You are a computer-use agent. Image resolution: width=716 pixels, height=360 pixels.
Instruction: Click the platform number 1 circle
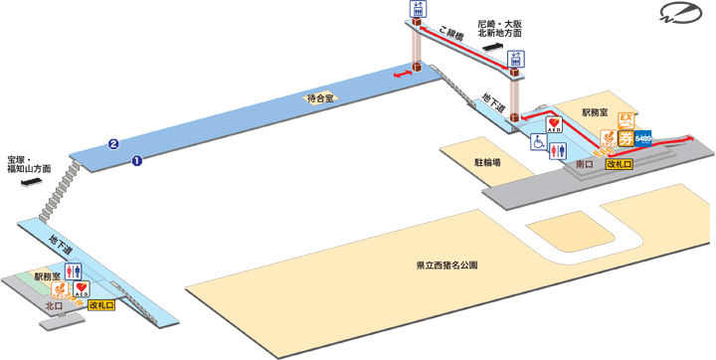click(x=137, y=158)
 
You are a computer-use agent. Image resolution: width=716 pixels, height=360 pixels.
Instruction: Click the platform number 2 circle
click(x=114, y=143)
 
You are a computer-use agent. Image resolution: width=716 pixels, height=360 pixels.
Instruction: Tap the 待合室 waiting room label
click(x=321, y=97)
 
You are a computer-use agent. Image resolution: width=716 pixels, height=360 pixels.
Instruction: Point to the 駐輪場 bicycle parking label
click(x=486, y=161)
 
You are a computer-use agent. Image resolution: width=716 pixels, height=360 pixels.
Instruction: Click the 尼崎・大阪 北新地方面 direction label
click(x=498, y=28)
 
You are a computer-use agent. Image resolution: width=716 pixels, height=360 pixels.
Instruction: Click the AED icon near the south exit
click(x=554, y=126)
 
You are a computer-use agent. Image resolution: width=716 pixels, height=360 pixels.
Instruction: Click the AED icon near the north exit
click(x=83, y=289)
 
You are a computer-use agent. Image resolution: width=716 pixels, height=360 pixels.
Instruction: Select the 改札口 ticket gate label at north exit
click(x=101, y=305)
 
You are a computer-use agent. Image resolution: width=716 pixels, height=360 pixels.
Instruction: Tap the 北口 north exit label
click(x=55, y=306)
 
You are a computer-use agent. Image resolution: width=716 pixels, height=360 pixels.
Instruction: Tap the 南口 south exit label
click(x=585, y=163)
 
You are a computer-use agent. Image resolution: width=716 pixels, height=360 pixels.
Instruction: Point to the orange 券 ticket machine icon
click(x=626, y=136)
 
